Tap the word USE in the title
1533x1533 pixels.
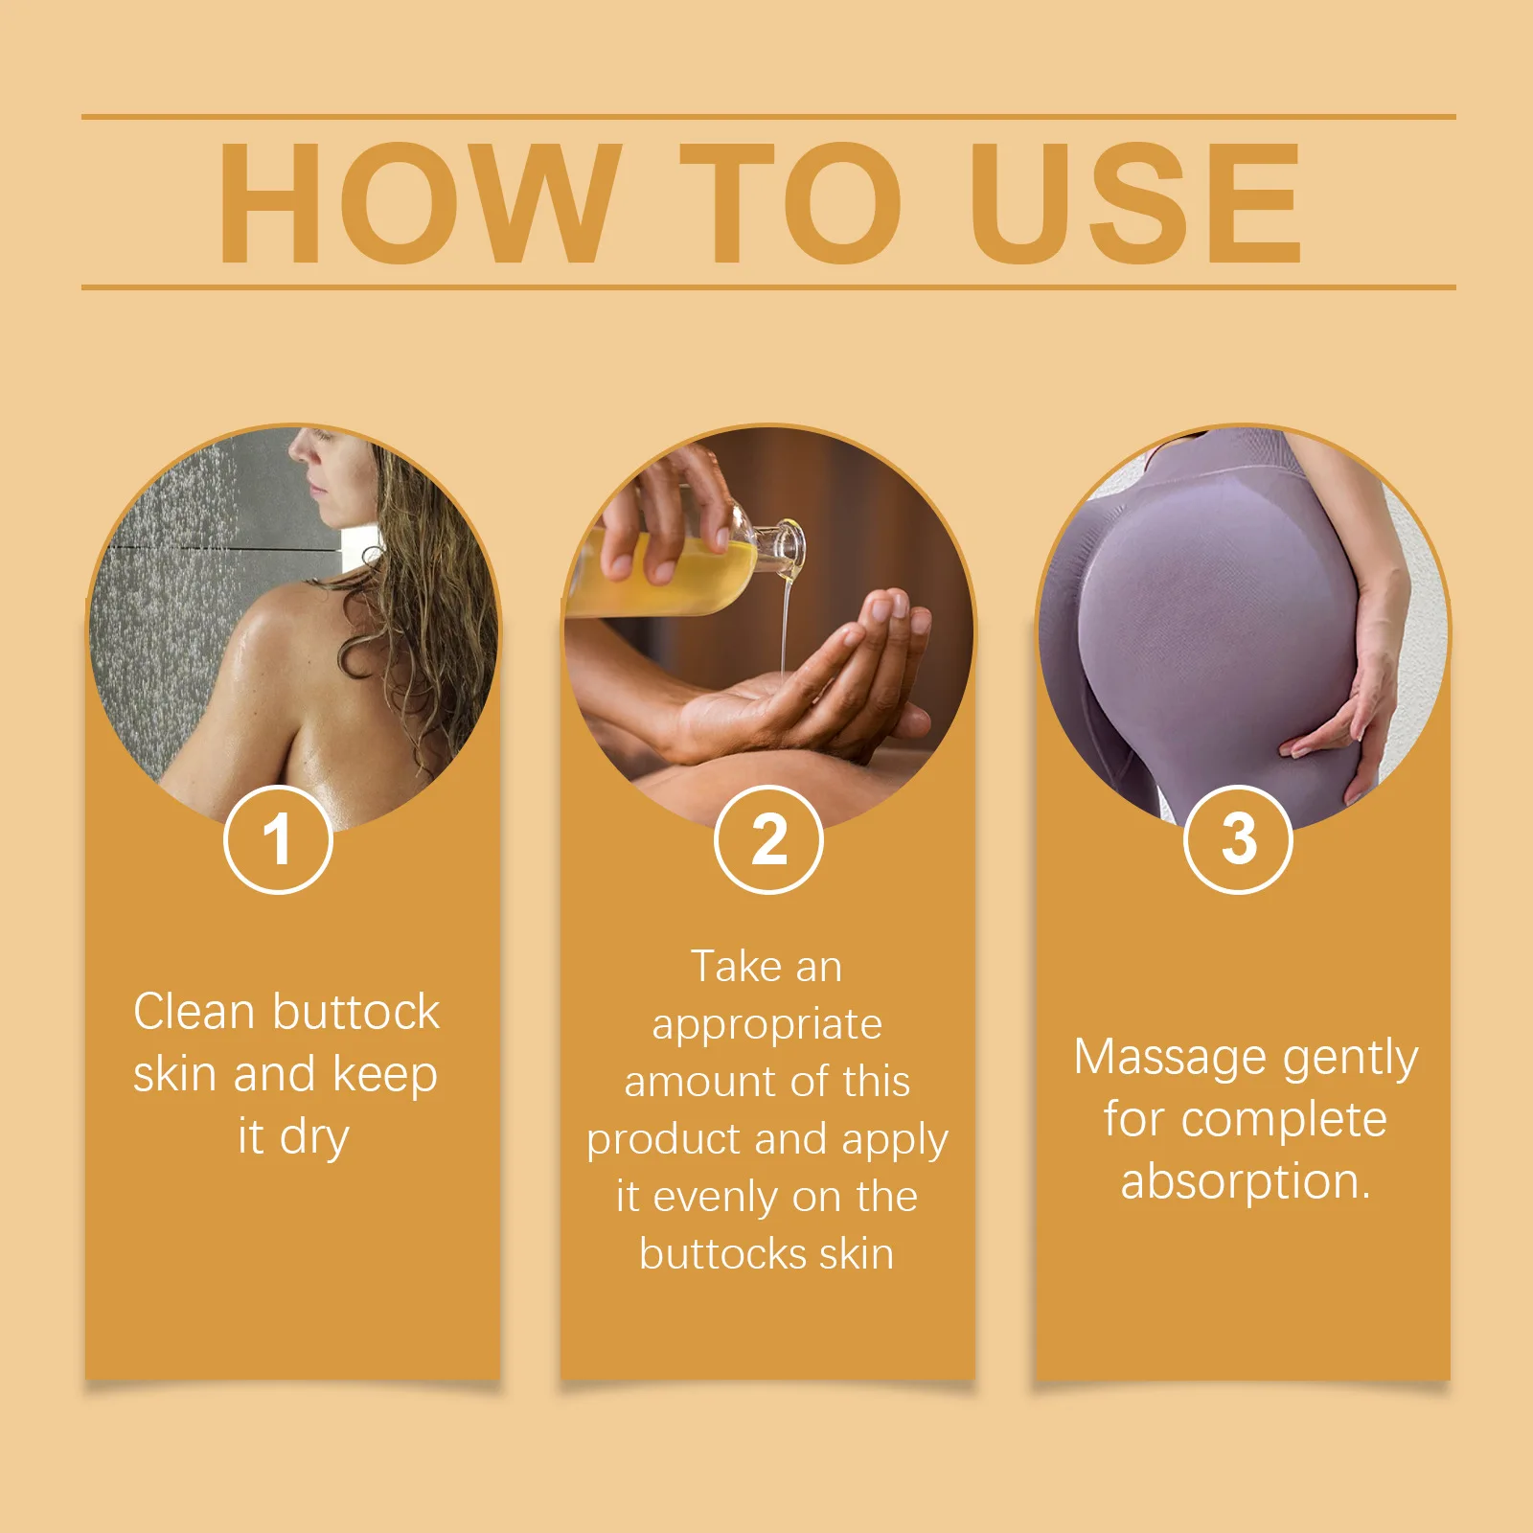tap(1134, 202)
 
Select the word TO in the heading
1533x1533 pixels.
tap(791, 202)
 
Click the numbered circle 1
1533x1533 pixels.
tap(278, 839)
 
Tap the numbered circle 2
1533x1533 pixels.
tap(768, 839)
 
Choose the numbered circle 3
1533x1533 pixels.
tap(1238, 839)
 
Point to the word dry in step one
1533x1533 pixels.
tap(314, 1138)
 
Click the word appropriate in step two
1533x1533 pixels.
tap(766, 1025)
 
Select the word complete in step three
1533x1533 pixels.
tap(1284, 1120)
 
